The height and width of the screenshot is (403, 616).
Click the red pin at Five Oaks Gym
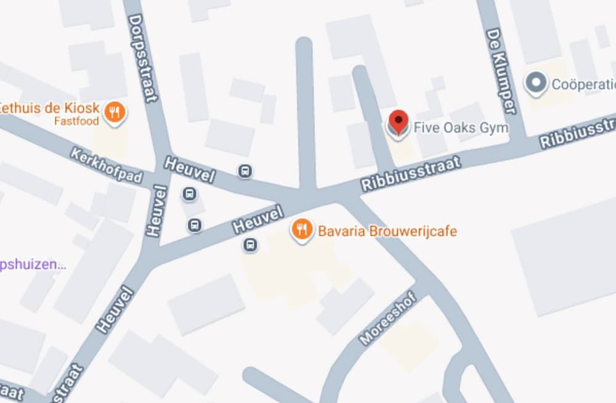click(399, 121)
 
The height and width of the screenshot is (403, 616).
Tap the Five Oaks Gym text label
click(461, 128)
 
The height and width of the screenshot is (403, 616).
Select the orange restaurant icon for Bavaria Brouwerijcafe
click(301, 230)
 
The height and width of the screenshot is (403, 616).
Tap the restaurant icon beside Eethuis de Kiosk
click(114, 112)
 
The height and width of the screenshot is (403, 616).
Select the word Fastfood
click(76, 121)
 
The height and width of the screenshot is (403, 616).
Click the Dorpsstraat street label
click(144, 58)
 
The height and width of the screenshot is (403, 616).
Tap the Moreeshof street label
click(388, 319)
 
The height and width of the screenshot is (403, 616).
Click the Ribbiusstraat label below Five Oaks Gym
click(411, 174)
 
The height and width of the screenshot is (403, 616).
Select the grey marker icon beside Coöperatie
click(536, 83)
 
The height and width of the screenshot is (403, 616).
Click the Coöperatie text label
click(583, 84)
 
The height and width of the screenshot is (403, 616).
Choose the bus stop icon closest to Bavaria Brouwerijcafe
click(250, 245)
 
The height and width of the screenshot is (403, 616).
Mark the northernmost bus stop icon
click(245, 171)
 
